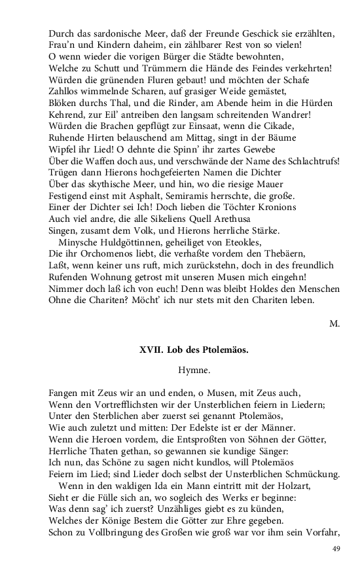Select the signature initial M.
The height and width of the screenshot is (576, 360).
point(334,323)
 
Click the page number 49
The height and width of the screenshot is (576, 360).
point(336,549)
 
